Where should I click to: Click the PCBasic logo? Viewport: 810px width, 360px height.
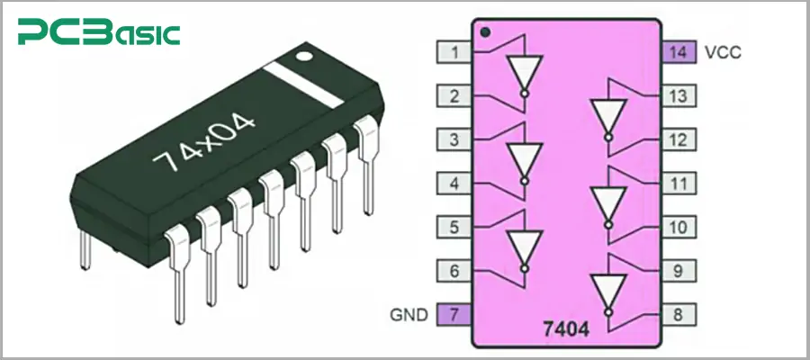pyautogui.click(x=98, y=33)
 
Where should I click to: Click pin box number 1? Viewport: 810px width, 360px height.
pyautogui.click(x=454, y=52)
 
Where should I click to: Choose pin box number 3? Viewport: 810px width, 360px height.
pyautogui.click(x=454, y=139)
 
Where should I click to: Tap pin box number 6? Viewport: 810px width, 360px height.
pyautogui.click(x=454, y=270)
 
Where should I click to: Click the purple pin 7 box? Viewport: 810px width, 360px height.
pyautogui.click(x=454, y=315)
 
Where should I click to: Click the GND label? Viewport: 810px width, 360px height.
pyautogui.click(x=407, y=315)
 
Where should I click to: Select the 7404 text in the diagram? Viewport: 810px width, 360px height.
pyautogui.click(x=566, y=330)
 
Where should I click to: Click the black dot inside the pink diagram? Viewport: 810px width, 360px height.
pyautogui.click(x=486, y=33)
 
